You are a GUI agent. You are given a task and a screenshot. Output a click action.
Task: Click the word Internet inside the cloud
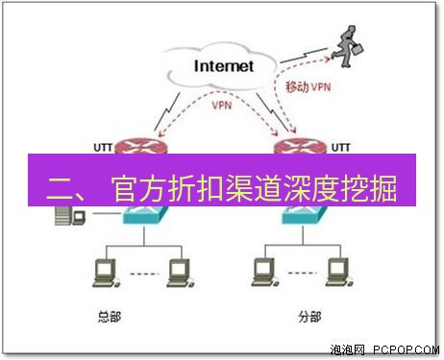click(224, 66)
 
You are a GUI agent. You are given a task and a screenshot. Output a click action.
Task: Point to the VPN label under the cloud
click(222, 106)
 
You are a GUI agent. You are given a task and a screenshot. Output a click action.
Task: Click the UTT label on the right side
click(340, 146)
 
